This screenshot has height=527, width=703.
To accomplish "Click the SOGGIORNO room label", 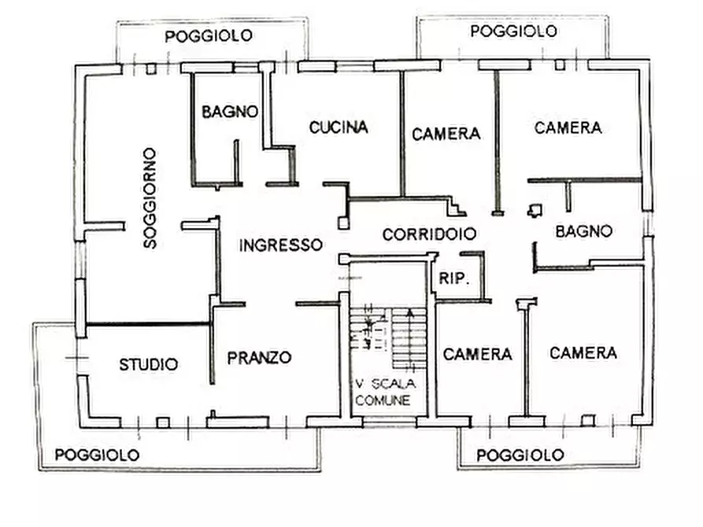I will click(150, 197).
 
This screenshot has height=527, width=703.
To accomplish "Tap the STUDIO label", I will click(148, 364).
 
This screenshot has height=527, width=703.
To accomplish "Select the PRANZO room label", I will click(259, 357).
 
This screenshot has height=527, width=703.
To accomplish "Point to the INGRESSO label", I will click(281, 245).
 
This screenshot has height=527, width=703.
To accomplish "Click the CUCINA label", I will click(339, 127).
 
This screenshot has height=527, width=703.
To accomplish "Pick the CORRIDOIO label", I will click(429, 234).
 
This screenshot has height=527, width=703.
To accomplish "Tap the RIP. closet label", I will click(452, 278).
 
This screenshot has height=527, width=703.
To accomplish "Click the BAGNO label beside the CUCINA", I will click(230, 112).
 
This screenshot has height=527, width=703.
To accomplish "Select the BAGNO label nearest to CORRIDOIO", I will click(583, 231).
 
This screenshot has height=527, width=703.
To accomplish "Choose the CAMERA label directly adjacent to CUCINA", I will click(446, 134).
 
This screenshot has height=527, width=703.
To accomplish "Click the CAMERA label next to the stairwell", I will click(478, 354).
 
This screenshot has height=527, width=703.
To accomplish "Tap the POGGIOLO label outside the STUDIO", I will click(98, 455).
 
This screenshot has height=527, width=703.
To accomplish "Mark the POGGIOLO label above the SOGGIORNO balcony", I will click(209, 35).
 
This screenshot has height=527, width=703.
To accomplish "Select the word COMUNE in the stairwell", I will click(383, 400).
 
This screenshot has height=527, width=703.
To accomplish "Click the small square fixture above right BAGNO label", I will click(535, 208).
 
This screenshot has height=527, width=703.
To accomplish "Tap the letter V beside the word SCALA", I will click(359, 385).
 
